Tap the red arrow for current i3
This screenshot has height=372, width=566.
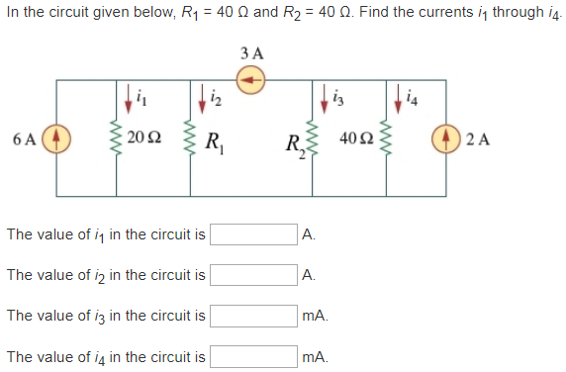327,100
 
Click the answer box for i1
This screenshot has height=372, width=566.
253,234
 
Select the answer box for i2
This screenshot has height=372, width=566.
253,275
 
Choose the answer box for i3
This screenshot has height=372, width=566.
253,316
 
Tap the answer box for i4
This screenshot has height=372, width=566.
253,356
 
